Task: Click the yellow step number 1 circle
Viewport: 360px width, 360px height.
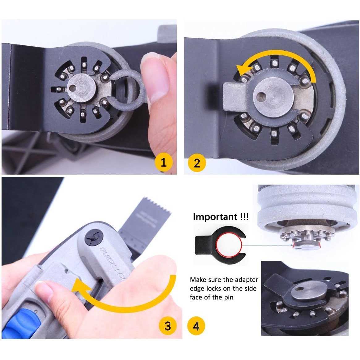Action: pyautogui.click(x=164, y=162)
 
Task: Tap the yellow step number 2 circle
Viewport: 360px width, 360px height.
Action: pyautogui.click(x=197, y=163)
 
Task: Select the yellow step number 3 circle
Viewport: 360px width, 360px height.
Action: pyautogui.click(x=167, y=326)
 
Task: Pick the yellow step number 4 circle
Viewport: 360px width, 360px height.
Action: pyautogui.click(x=196, y=326)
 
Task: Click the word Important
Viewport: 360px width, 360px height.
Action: pyautogui.click(x=215, y=217)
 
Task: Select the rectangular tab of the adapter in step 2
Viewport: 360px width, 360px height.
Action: pyautogui.click(x=233, y=97)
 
